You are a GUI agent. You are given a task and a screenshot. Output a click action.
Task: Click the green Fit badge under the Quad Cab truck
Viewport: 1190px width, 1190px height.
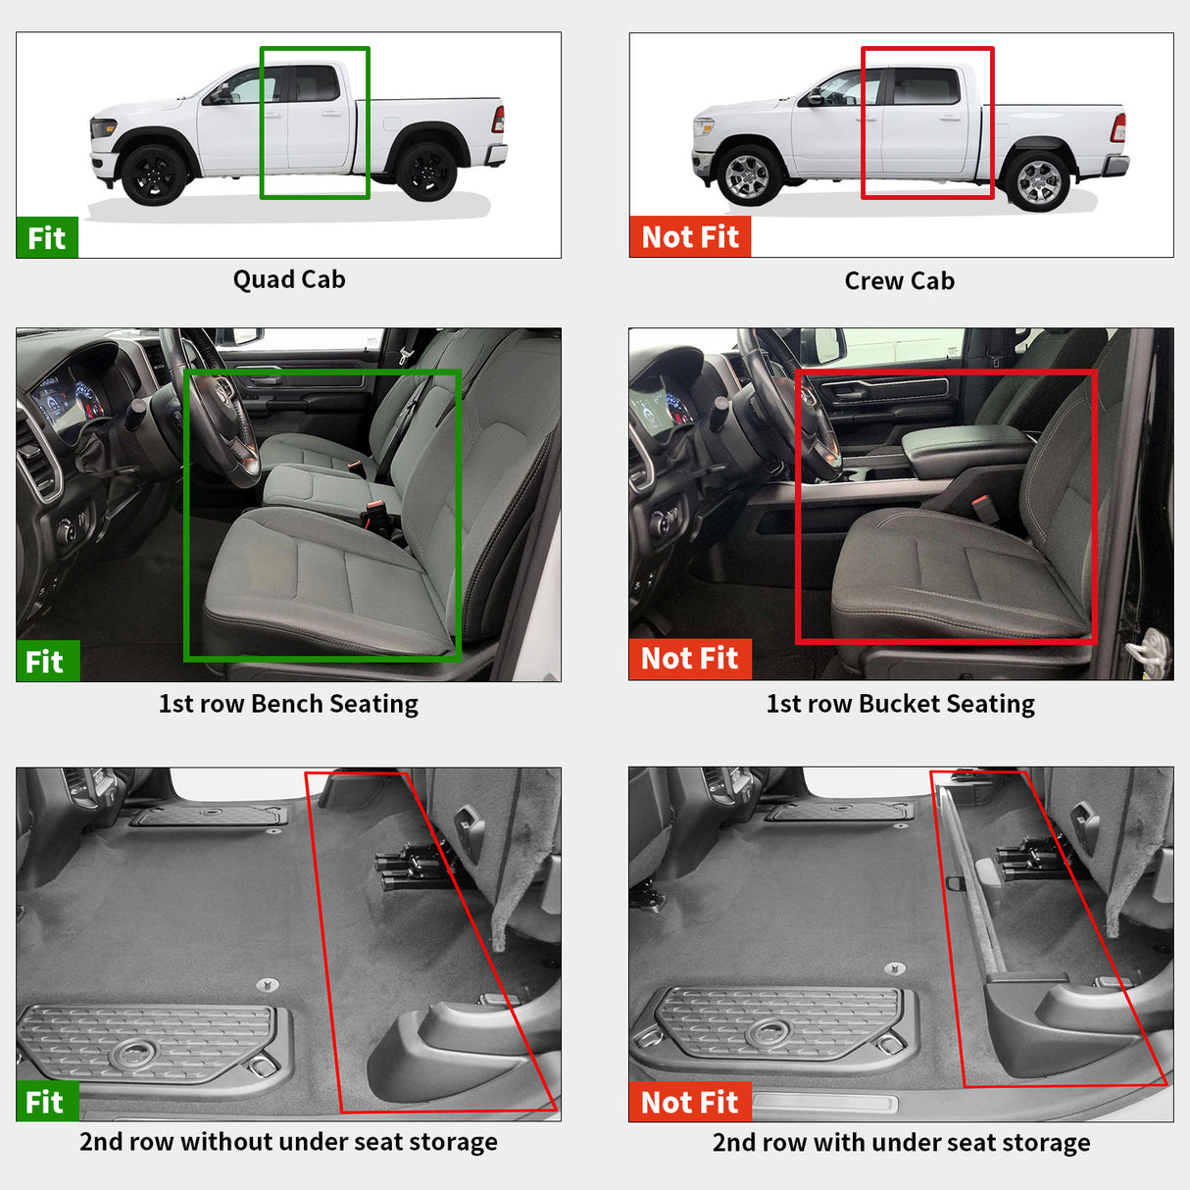pos(46,237)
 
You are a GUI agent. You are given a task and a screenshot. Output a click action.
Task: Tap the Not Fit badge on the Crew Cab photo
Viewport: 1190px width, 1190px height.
pos(689,236)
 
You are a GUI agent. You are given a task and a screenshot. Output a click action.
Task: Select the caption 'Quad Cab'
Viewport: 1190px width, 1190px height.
pos(289,279)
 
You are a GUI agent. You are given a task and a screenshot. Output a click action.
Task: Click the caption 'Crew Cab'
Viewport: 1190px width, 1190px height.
pos(899,280)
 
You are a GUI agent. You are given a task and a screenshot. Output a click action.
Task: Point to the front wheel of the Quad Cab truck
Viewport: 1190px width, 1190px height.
pos(154,174)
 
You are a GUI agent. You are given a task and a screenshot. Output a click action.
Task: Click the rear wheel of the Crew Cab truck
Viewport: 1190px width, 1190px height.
pos(1038,180)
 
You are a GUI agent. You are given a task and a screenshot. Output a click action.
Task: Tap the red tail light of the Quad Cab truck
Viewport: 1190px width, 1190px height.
pos(498,120)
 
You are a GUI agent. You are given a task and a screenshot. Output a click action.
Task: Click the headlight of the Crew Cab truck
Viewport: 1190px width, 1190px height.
pos(703,127)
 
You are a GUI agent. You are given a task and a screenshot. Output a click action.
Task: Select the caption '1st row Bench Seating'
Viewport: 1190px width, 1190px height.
pos(288,704)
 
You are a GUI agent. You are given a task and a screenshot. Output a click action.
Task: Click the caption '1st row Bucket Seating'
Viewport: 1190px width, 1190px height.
pos(900,704)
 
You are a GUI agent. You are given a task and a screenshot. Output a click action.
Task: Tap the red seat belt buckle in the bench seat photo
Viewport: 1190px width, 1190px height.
pos(374,514)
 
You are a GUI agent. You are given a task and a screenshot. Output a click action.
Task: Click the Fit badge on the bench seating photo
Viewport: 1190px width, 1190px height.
pos(45,662)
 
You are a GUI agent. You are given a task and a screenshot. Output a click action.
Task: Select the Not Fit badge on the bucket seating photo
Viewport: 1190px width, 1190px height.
pos(689,659)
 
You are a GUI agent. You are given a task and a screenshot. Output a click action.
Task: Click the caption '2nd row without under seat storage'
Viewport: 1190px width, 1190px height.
pos(288,1142)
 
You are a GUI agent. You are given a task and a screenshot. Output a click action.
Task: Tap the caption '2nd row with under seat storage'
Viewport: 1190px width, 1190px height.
pos(901,1143)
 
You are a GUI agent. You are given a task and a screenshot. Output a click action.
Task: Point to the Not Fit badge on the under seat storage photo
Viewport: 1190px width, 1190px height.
pos(689,1102)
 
